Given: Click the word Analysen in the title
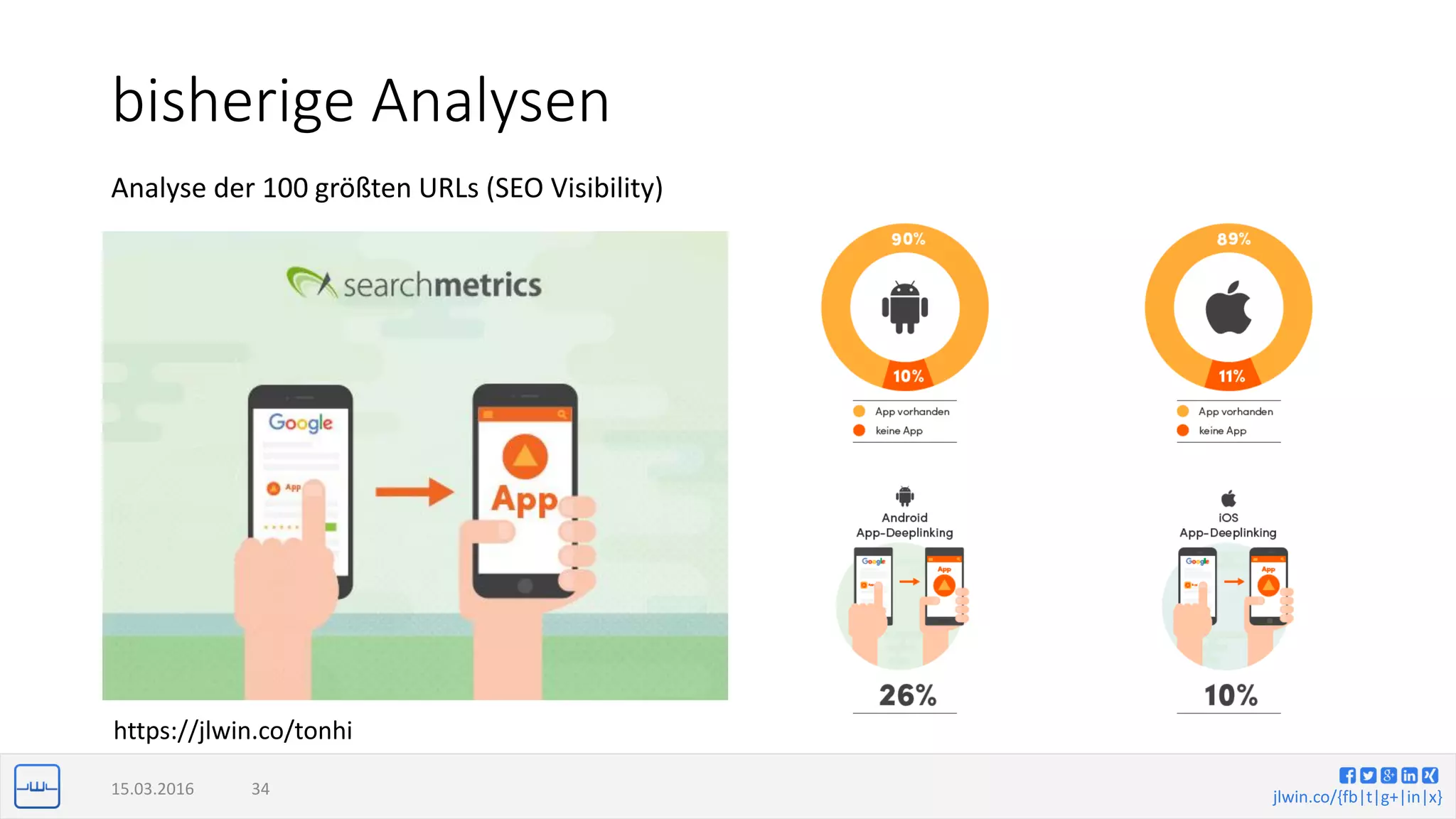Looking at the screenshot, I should click(491, 102).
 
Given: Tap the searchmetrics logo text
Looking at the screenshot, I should click(441, 285).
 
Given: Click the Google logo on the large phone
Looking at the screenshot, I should click(301, 422).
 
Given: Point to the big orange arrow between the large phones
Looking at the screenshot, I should click(414, 491).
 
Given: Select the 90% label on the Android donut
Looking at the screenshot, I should click(909, 240).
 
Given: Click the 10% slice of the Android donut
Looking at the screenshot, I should click(908, 376).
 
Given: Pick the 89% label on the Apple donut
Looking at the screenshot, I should click(1233, 240).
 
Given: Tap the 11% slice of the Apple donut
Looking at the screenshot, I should click(1231, 376).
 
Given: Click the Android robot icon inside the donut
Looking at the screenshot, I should click(905, 307).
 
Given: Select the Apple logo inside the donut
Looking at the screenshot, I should click(1228, 307).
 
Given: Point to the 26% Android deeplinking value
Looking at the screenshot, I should click(907, 695).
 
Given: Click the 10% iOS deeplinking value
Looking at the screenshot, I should click(1231, 695).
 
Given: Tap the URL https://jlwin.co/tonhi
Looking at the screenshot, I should click(233, 731).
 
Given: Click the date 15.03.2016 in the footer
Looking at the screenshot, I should click(152, 789).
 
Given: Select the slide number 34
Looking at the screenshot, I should click(260, 789).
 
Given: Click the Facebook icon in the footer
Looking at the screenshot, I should click(1347, 775).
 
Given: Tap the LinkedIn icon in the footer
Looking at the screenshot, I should click(1409, 775).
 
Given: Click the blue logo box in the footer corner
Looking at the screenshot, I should click(37, 786).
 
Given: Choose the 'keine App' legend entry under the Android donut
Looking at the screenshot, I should click(899, 431).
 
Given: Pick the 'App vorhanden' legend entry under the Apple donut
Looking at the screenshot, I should click(1235, 412).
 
